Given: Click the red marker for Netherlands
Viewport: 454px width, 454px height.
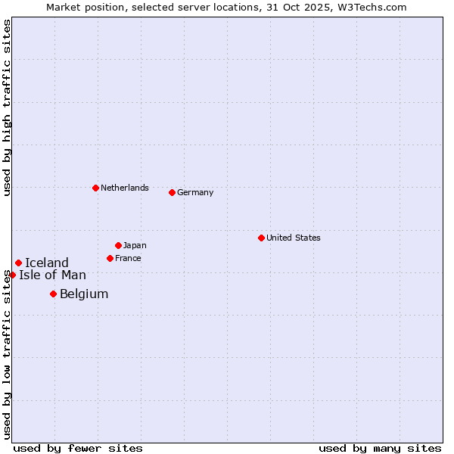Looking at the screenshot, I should click(x=95, y=188).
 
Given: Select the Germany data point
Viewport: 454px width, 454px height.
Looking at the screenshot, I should click(x=172, y=192).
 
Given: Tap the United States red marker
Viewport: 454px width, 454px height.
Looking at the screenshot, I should click(x=261, y=238).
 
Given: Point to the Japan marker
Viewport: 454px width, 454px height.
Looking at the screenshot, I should click(x=118, y=245).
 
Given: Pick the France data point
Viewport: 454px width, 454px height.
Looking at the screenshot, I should click(x=110, y=258).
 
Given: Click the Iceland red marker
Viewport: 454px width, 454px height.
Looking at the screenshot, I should click(x=18, y=263).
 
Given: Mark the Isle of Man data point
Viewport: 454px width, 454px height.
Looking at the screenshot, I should click(x=12, y=275).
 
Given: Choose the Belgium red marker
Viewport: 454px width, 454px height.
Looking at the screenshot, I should click(x=53, y=294).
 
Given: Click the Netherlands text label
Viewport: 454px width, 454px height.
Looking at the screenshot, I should click(x=125, y=188).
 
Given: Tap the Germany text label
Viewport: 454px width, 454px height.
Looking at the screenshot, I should click(x=195, y=192).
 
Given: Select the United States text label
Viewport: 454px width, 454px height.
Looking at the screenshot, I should click(x=294, y=238).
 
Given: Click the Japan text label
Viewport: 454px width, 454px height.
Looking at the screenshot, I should click(x=135, y=245).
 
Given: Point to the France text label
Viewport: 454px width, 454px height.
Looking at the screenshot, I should click(x=128, y=258).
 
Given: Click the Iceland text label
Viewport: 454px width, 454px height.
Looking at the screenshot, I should click(x=47, y=263).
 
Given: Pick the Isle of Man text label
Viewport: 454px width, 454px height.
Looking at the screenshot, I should click(x=52, y=275).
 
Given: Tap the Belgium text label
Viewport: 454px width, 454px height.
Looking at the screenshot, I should click(x=84, y=294).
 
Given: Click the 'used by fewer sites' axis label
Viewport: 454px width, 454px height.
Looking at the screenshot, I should click(x=78, y=448).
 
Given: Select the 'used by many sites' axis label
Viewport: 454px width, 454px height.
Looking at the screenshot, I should click(x=380, y=448).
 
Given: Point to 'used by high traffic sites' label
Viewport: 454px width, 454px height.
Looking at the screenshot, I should click(x=7, y=107).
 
